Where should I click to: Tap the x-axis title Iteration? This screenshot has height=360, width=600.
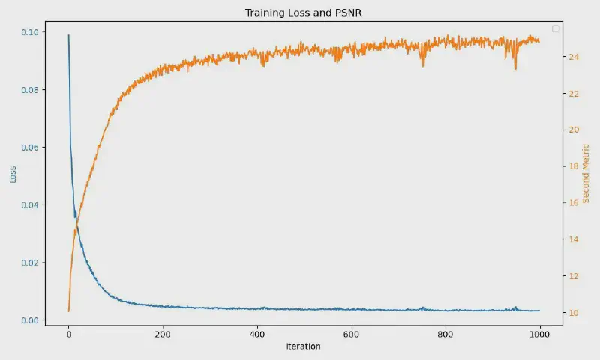303,346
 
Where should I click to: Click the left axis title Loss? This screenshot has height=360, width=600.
13,175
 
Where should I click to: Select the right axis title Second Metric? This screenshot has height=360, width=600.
586,175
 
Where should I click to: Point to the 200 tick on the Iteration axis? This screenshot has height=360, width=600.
163,334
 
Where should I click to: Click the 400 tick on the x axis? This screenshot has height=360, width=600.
257,334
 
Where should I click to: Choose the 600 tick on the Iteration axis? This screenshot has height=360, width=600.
351,334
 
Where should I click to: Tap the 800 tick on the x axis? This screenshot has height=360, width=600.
445,334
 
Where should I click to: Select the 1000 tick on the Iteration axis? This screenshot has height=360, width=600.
540,334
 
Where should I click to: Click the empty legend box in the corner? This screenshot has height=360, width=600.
556,28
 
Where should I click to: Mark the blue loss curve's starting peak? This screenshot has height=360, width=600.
68,34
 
